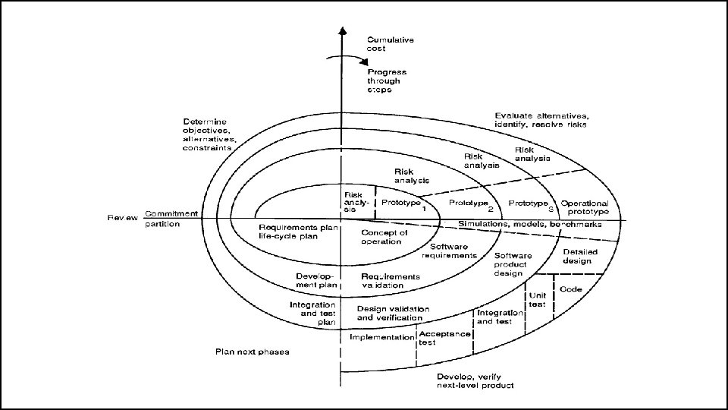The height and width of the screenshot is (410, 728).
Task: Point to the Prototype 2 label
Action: [469, 204]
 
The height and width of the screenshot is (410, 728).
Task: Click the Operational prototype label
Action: [585, 208]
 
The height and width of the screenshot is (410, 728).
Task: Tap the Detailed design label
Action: [580, 257]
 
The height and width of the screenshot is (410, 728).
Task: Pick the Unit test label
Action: [537, 299]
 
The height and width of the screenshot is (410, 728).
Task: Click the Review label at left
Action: [122, 218]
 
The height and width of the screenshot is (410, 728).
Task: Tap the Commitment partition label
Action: [171, 219]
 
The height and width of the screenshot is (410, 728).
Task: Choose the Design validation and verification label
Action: [393, 314]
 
